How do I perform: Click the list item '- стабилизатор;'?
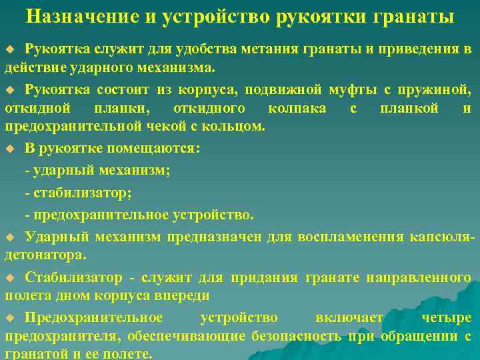(x=78, y=193)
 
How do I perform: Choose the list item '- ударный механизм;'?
(x=97, y=171)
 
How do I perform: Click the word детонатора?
(x=45, y=255)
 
